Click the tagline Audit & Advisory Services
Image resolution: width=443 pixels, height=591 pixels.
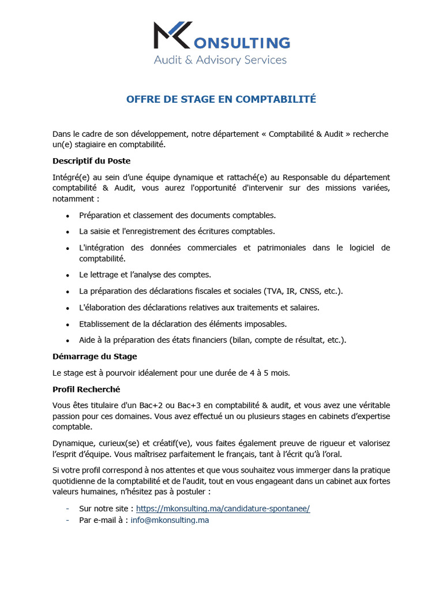click(220, 59)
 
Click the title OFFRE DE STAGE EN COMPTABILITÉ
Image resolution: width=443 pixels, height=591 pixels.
click(221, 99)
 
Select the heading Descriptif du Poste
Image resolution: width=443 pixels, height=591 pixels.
click(91, 160)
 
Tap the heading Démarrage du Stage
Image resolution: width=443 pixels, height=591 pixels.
click(95, 356)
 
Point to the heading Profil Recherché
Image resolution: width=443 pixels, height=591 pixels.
click(86, 389)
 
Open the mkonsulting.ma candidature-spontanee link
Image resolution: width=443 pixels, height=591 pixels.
click(223, 508)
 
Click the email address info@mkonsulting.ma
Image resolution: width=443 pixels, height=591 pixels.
click(170, 520)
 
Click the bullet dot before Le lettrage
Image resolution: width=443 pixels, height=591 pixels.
click(67, 275)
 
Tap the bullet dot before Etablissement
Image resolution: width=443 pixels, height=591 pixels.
click(67, 324)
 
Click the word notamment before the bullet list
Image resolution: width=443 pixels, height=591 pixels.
click(73, 198)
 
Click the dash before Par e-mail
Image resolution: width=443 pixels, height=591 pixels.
click(67, 520)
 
